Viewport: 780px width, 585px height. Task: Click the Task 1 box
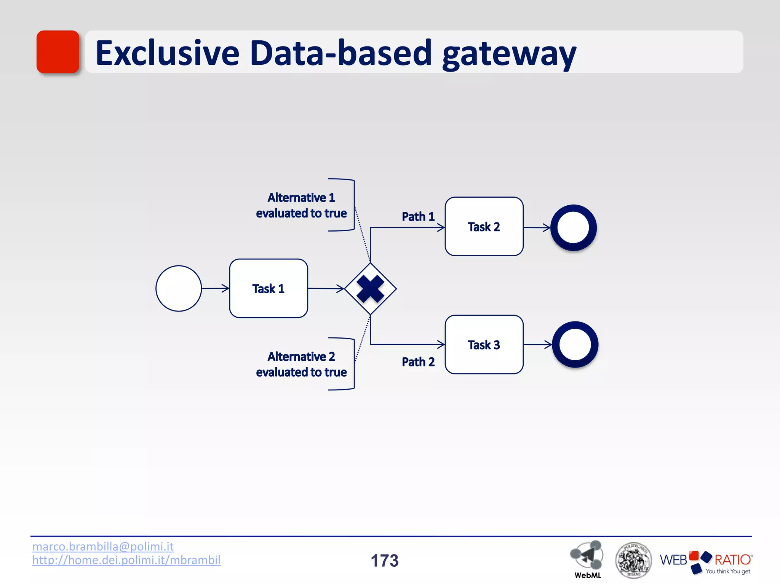(269, 288)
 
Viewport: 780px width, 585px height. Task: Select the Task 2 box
(484, 227)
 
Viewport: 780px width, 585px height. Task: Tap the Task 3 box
(484, 345)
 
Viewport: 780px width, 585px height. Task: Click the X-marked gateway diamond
(370, 289)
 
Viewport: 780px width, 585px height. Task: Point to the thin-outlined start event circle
(179, 288)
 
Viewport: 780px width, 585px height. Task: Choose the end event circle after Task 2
(573, 228)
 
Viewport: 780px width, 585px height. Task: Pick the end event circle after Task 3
(575, 345)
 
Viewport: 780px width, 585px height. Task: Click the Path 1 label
(418, 217)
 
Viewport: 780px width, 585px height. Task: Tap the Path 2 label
(418, 362)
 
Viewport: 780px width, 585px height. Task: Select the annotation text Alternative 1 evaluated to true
(301, 205)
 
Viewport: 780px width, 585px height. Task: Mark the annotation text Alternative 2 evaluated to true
(301, 364)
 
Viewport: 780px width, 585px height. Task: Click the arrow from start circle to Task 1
(215, 288)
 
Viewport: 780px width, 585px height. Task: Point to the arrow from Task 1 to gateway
(326, 289)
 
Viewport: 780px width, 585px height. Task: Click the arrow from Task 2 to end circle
(537, 228)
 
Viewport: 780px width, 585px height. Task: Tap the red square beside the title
(58, 52)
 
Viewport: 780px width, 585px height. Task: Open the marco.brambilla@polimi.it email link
(103, 547)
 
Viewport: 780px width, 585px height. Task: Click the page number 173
(385, 561)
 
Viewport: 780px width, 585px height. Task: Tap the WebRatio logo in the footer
(706, 561)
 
